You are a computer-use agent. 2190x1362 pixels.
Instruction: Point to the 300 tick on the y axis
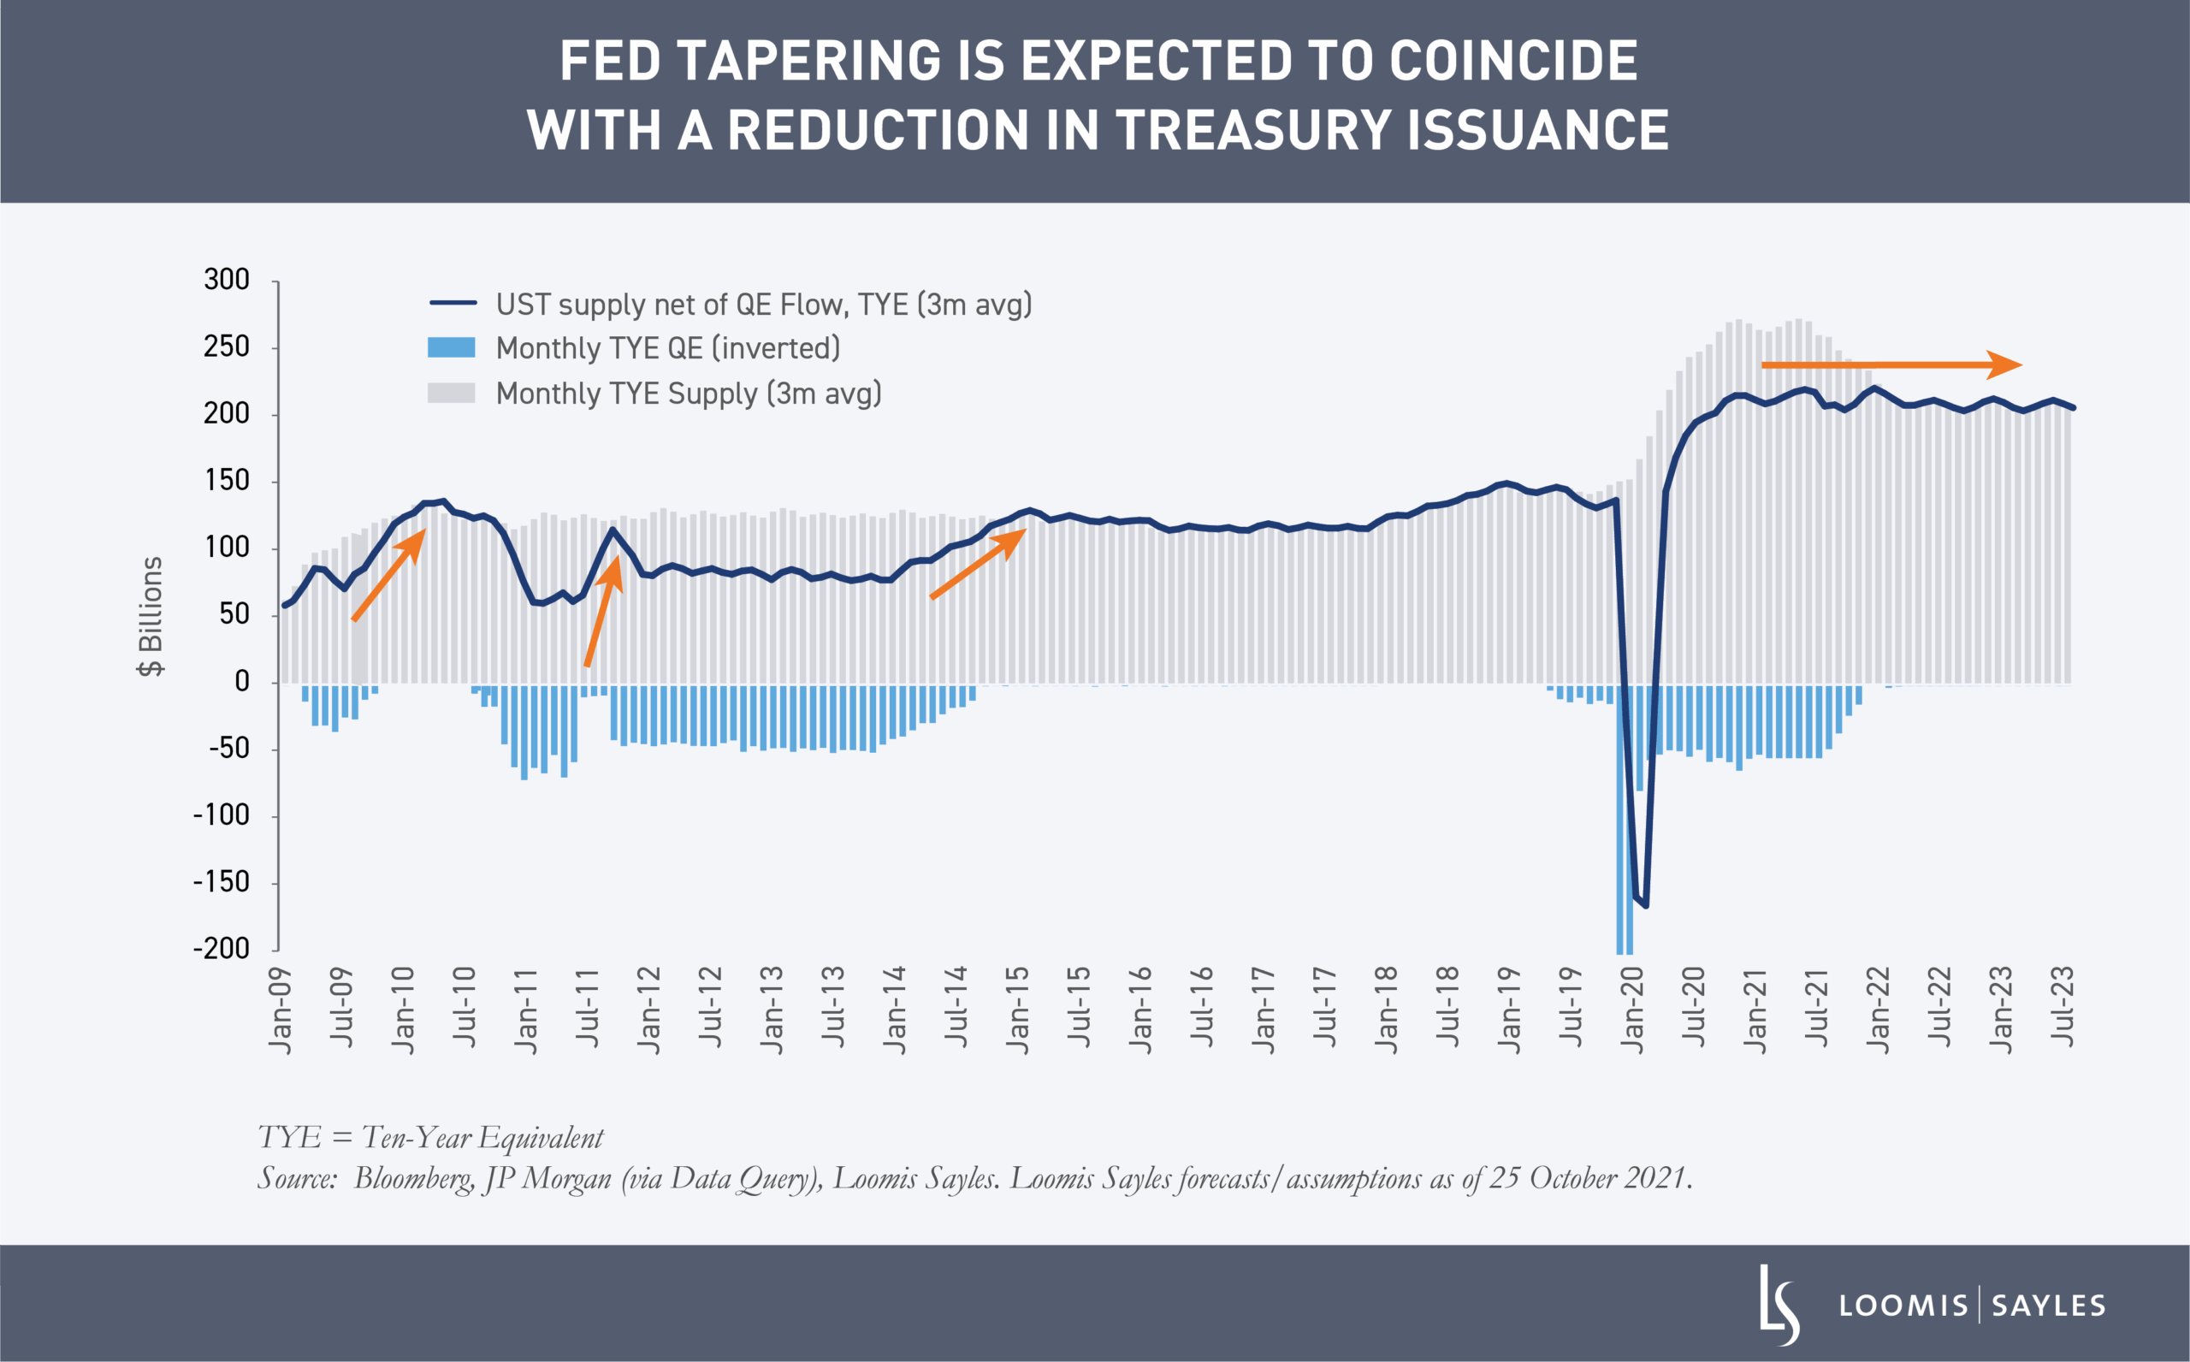227,280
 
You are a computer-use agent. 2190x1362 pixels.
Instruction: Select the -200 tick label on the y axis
222,949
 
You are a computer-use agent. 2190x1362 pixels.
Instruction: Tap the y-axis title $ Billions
151,616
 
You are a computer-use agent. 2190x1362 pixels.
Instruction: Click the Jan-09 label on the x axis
281,1010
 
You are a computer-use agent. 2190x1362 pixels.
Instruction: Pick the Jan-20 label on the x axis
1631,1010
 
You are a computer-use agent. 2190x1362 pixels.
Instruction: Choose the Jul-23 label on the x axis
2063,1006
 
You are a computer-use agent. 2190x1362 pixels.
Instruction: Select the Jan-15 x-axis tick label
1017,1010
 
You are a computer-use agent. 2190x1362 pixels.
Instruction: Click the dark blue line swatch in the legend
452,304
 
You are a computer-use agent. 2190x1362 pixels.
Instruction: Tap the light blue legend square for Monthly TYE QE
451,347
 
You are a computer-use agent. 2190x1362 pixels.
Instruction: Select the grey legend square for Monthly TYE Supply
451,393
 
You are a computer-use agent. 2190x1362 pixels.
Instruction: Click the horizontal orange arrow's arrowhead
2004,364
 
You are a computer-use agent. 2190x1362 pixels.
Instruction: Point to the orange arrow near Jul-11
602,612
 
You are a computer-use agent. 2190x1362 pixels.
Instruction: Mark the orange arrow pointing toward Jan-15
978,564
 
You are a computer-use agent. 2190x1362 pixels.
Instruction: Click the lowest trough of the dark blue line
1646,905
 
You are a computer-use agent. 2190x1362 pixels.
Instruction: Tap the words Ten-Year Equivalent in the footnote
482,1138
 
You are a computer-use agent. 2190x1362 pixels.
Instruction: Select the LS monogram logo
1779,1305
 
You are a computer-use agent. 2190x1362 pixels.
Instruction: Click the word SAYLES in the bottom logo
2049,1306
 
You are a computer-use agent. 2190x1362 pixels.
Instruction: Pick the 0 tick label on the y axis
241,682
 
